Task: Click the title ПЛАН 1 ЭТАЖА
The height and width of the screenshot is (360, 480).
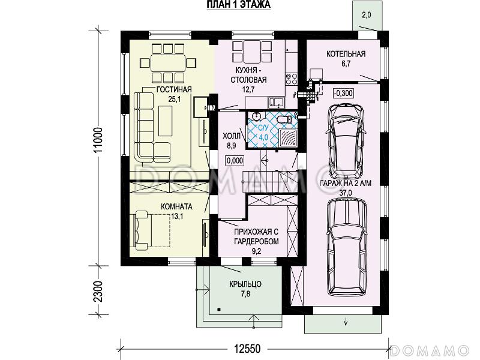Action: [238, 5]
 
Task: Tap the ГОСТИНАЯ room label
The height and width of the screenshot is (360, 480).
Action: [174, 89]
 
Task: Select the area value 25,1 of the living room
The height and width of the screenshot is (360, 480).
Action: [174, 99]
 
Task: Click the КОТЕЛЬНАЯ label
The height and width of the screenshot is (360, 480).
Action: [346, 54]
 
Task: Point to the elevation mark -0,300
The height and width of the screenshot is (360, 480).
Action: [343, 93]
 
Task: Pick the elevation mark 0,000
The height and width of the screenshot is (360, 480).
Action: [235, 160]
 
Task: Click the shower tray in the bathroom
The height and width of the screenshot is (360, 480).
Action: [288, 138]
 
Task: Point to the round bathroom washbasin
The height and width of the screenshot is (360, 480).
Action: [256, 116]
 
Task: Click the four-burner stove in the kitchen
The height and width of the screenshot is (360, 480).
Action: [291, 79]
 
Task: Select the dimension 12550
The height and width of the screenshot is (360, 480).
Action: [247, 349]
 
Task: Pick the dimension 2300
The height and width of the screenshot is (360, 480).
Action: [98, 291]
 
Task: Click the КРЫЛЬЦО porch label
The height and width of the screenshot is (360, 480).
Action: [245, 284]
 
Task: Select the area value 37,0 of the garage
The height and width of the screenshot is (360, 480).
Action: [346, 193]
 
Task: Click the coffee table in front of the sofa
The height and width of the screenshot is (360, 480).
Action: [166, 121]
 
